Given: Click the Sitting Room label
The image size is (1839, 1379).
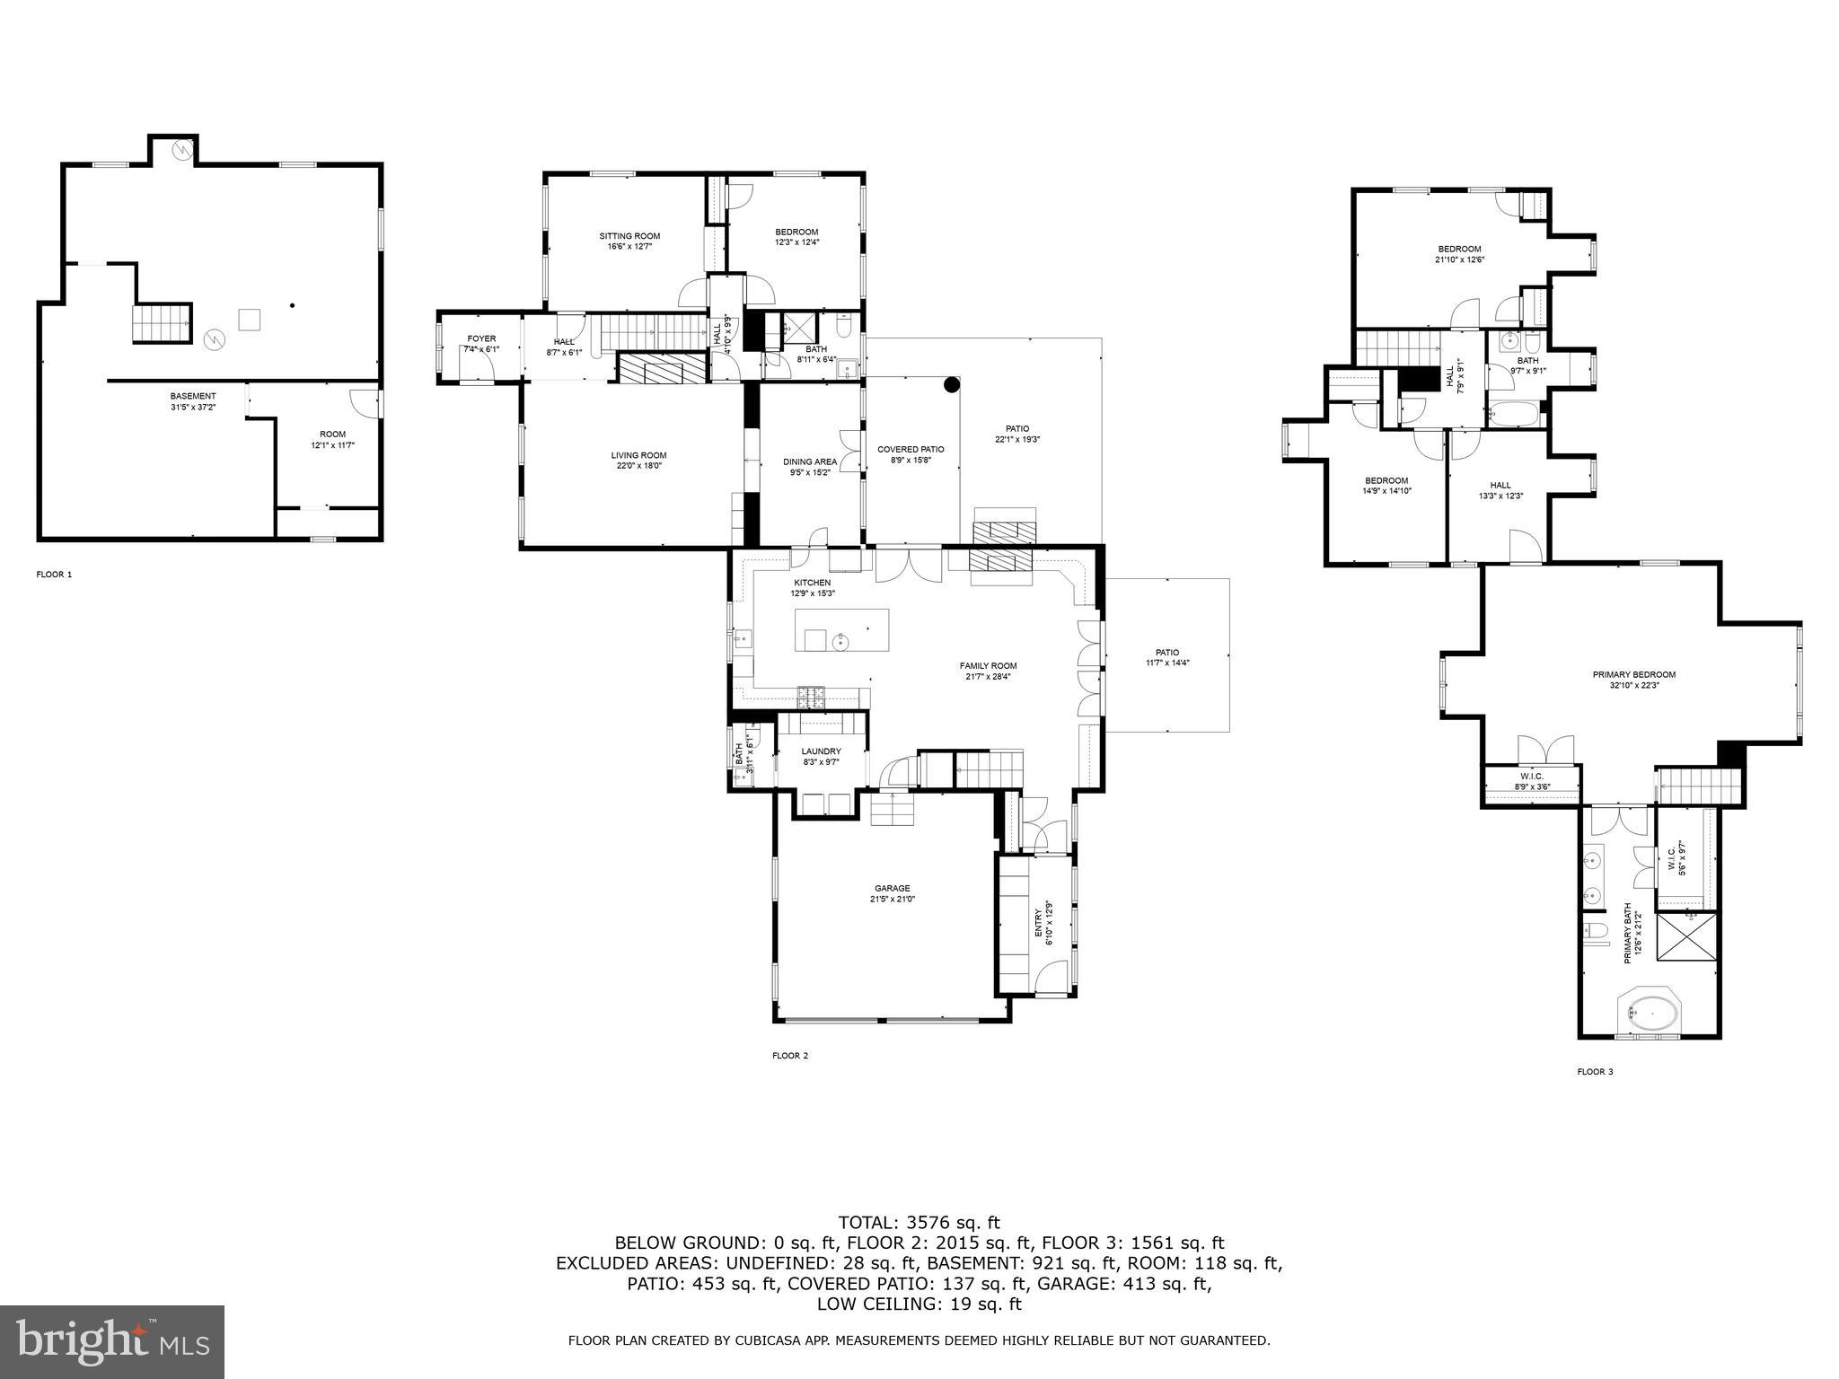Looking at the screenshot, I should [629, 236].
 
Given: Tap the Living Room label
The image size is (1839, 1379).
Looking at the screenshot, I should [638, 455].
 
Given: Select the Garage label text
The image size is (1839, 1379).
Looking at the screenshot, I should [892, 888].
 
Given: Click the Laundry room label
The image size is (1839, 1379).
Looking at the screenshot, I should [821, 751].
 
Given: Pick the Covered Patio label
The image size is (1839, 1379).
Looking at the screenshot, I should [911, 449].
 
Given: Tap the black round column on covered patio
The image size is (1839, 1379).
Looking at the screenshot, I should [951, 385].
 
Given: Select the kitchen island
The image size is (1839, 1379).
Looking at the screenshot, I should [841, 630].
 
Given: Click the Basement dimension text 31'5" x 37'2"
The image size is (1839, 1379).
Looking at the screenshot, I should [193, 407].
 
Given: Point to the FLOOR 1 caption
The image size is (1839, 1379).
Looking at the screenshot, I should [54, 575].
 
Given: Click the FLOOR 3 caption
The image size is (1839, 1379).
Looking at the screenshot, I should [1595, 1072].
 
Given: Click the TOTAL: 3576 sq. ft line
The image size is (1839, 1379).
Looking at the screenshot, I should [919, 1222].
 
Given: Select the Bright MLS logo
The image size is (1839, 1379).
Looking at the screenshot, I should [112, 1342].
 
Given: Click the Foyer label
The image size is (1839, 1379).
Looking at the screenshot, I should [481, 338].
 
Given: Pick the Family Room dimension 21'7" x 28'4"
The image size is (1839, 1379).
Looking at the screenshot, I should [988, 677].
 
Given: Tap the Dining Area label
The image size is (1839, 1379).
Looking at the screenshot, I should [809, 461].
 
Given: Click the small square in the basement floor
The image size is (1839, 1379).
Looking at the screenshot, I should [250, 319].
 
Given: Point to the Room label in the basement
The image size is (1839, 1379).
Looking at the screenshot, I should [332, 435].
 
